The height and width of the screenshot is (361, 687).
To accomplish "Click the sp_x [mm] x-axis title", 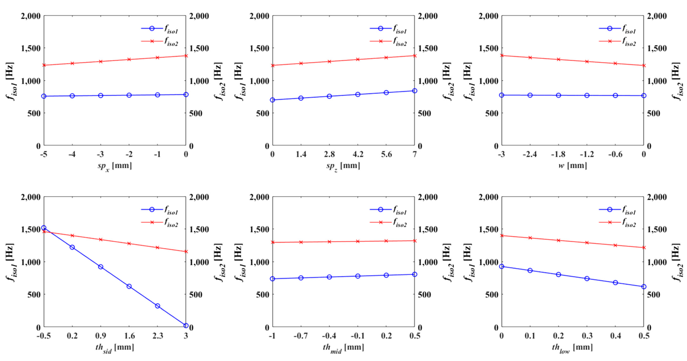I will pos(115,166).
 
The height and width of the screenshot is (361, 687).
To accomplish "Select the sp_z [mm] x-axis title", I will pos(343,166).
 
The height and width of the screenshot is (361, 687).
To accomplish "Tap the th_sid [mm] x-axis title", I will pos(115,347).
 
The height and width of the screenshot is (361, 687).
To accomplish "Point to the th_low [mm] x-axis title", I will pos(572,347).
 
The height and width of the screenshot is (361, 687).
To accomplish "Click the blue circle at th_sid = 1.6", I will pos(129,286).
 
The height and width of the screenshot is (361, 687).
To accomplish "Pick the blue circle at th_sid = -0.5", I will pos(44,228).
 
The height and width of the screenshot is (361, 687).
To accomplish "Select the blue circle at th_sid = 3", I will pos(186,326).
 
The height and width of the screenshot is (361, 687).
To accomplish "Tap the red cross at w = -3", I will pos(502,56).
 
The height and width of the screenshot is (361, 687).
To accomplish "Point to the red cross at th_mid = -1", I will pos(273,242).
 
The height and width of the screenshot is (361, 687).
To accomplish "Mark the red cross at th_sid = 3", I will pos(186,251).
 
